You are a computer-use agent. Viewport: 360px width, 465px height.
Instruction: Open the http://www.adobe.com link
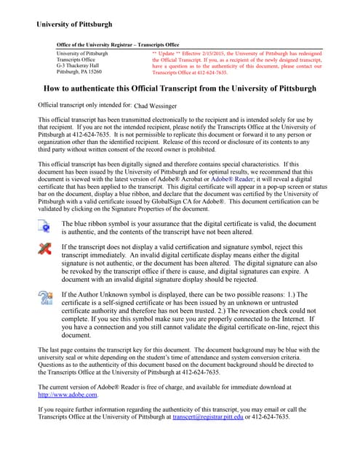pyautogui.click(x=66, y=395)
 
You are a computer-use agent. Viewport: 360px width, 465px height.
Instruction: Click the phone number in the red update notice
pyautogui.click(x=211, y=73)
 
